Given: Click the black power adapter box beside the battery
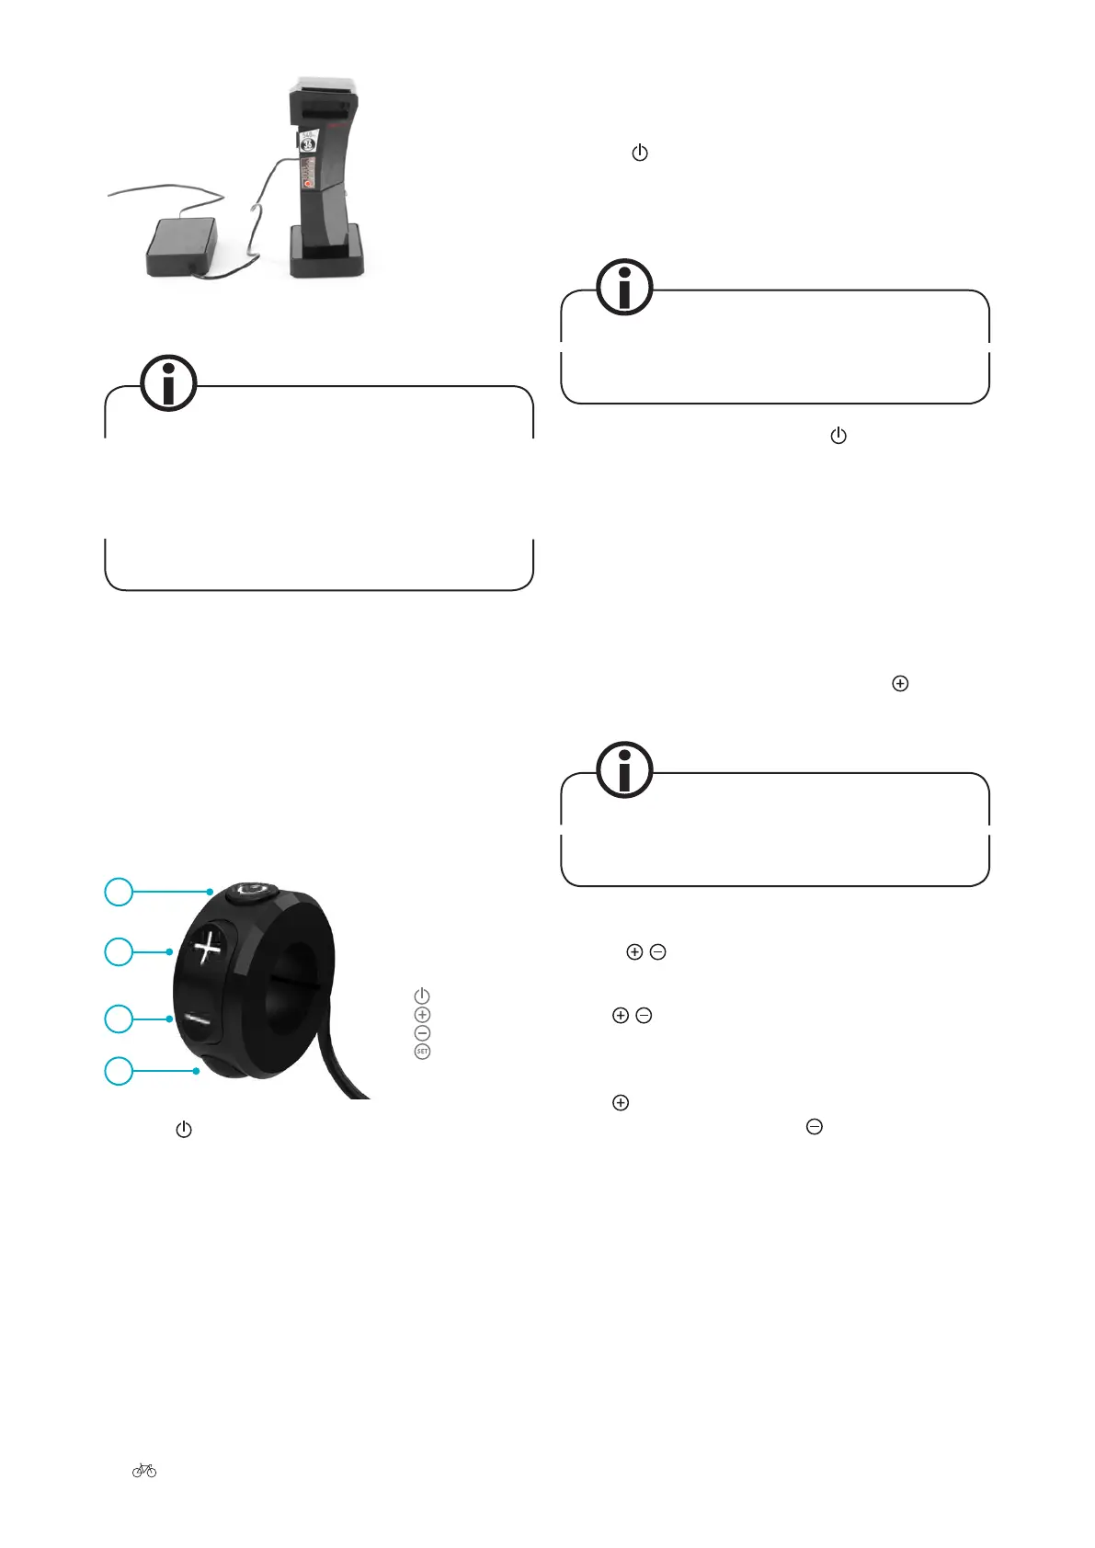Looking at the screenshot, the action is tap(182, 245).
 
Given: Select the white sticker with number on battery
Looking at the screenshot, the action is tap(309, 142).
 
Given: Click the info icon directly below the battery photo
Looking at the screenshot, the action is tap(168, 382).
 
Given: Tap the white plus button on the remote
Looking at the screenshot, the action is tap(208, 947).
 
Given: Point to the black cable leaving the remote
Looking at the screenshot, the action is tap(345, 1071).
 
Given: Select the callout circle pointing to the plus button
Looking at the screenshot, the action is tap(119, 951).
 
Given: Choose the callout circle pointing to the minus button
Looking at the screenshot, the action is tap(119, 1019).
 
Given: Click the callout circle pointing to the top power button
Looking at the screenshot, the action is tap(119, 892).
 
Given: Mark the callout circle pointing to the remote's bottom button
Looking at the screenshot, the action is tap(119, 1071).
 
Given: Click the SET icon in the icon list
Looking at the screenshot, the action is tap(422, 1052).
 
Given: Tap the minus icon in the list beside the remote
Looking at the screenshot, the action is tap(422, 1033).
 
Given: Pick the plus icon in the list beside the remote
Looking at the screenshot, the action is tap(422, 1015).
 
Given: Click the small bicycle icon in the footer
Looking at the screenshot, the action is tap(144, 1471).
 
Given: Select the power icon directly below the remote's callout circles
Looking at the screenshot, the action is tap(184, 1130).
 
